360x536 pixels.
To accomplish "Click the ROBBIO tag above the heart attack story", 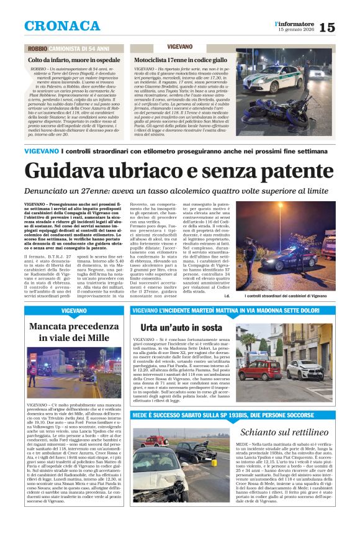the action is tap(37, 48).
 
